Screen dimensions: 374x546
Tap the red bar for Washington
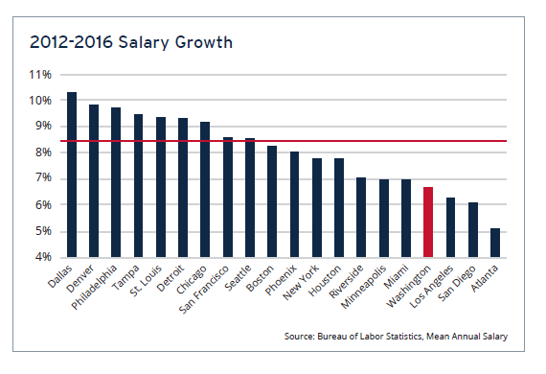pyautogui.click(x=428, y=222)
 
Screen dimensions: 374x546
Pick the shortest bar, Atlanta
pyautogui.click(x=494, y=242)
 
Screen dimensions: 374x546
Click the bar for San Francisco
pyautogui.click(x=227, y=197)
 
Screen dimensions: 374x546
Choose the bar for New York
pyautogui.click(x=316, y=207)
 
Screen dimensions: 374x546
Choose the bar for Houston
pyautogui.click(x=338, y=207)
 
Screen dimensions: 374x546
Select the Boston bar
pyautogui.click(x=272, y=201)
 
